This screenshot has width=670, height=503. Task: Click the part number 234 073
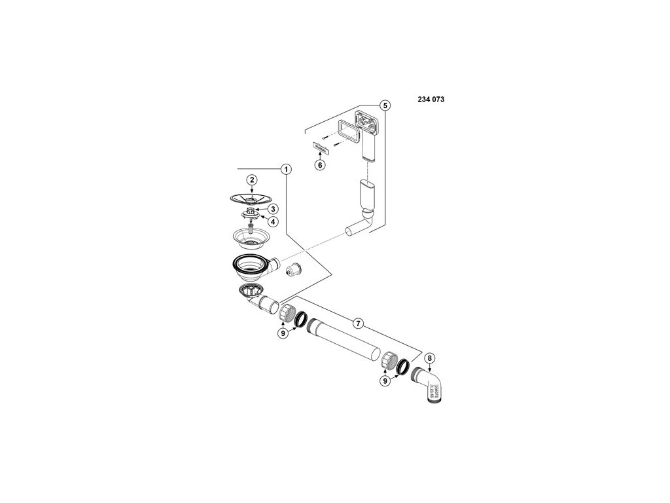coord(431,100)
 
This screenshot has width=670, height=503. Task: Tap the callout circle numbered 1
coord(285,168)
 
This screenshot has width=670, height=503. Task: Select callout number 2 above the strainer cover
coord(251,179)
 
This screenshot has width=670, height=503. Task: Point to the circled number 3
coord(265,209)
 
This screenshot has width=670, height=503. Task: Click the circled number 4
coord(265,221)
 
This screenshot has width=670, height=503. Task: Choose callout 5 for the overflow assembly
coord(385,105)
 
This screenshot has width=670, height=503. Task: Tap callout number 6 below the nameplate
coord(320,165)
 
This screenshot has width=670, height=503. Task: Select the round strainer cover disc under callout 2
coord(251,197)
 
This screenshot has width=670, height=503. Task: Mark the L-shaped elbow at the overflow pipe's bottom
coord(359,225)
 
